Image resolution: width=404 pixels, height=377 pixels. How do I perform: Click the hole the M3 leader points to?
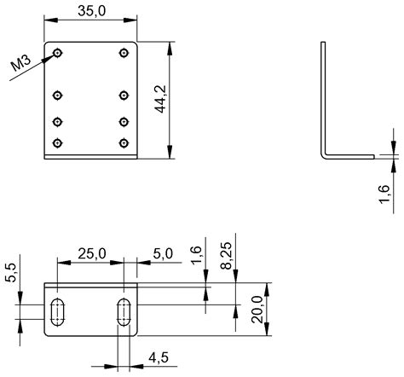[x=58, y=53]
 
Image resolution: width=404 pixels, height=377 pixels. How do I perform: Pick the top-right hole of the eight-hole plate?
[x=124, y=53]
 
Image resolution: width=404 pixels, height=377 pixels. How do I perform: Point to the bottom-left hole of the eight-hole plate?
[x=58, y=142]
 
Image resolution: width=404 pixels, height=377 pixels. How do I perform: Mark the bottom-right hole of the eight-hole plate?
[x=124, y=142]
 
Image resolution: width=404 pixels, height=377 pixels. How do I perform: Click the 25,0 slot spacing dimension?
[x=91, y=253]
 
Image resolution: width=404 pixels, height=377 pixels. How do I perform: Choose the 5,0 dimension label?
[x=162, y=253]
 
